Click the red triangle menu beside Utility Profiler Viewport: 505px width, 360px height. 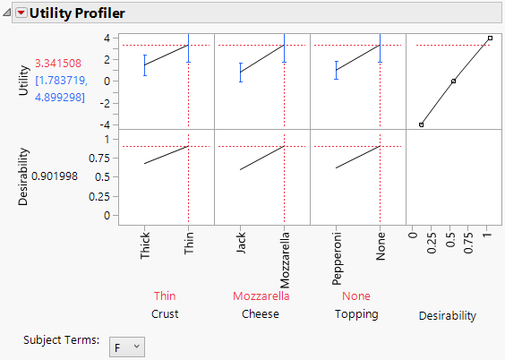point(21,13)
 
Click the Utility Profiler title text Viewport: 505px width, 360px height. point(77,13)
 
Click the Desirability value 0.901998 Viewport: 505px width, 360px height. point(56,176)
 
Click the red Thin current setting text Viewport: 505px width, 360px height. point(165,296)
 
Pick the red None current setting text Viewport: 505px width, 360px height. point(356,296)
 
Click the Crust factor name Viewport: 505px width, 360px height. point(165,314)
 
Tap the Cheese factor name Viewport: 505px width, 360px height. point(261,314)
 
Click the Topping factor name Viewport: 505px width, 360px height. point(356,314)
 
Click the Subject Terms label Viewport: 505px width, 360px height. point(62,341)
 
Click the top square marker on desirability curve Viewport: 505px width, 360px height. point(490,39)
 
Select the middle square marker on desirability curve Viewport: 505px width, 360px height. point(453,81)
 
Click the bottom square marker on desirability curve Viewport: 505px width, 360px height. point(421,124)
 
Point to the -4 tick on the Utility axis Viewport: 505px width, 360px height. point(105,124)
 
